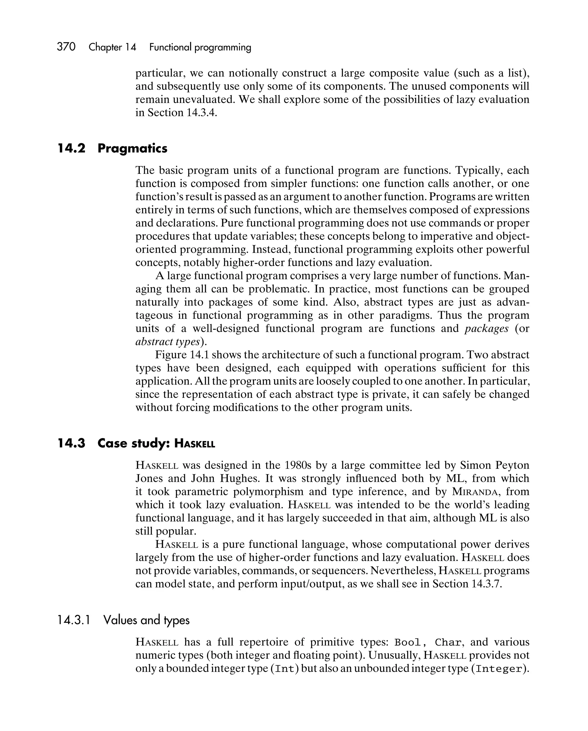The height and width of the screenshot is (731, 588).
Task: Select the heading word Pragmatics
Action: (132, 149)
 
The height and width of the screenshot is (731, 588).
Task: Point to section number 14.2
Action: (71, 149)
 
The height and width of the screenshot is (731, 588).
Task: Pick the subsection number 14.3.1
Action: (74, 620)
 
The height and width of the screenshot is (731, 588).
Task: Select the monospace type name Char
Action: (448, 642)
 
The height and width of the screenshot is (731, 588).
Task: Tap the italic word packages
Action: (486, 329)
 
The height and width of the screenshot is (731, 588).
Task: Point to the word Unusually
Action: (393, 655)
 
